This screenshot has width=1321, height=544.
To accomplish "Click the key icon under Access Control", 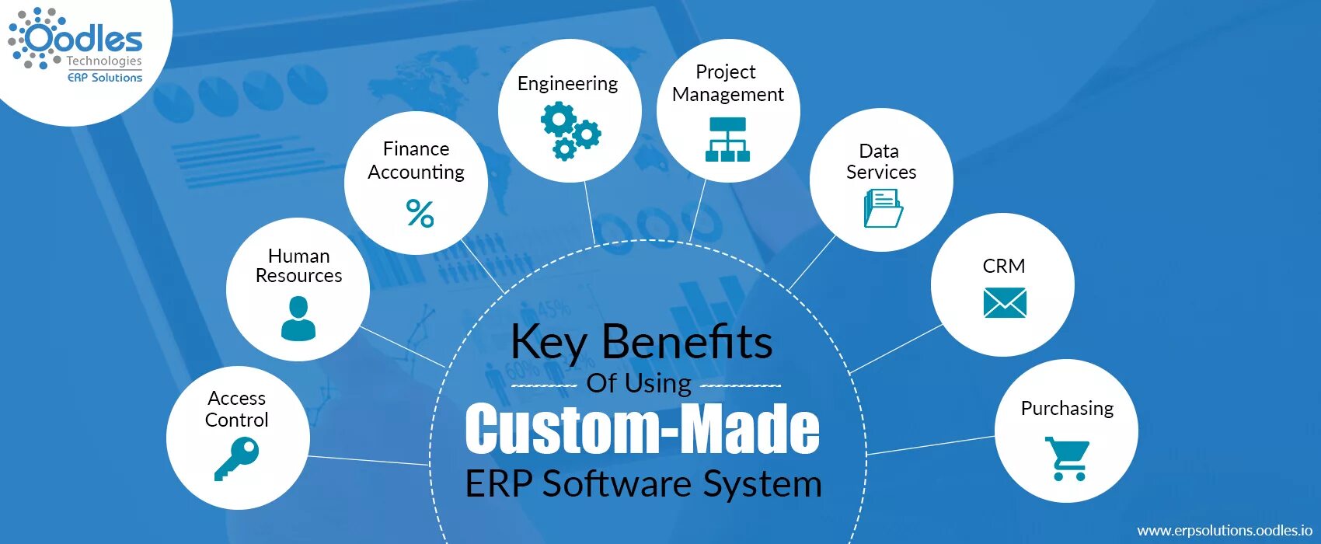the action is [x=236, y=459].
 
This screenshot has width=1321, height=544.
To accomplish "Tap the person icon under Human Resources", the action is [x=298, y=319].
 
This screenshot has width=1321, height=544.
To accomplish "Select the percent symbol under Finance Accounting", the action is [x=420, y=213].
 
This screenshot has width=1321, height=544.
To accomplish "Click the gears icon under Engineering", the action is [x=570, y=131].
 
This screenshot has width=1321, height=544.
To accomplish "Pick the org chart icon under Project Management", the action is [x=727, y=139].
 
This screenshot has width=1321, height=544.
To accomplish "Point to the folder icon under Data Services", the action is [x=883, y=208].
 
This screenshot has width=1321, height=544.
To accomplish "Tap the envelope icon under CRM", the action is [x=1004, y=302].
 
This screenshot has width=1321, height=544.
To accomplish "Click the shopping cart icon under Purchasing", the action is [x=1068, y=459].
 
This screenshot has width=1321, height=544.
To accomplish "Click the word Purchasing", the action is [x=1067, y=409].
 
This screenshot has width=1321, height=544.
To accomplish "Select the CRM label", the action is [x=1004, y=267].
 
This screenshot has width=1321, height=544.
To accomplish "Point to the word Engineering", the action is [x=567, y=84].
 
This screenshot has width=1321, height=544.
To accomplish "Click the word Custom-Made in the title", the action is [x=642, y=429].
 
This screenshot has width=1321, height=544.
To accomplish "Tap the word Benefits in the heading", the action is [x=687, y=342].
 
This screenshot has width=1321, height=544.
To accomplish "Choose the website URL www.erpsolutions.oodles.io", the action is [x=1225, y=530].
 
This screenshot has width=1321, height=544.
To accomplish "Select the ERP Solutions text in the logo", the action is [x=105, y=78].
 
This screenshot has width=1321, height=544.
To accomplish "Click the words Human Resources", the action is [x=299, y=266].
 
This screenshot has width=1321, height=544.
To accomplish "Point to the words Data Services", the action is [x=881, y=162].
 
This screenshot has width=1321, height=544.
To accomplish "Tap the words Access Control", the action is [x=237, y=409].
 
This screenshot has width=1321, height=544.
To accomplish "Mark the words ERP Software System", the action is [x=643, y=483].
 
